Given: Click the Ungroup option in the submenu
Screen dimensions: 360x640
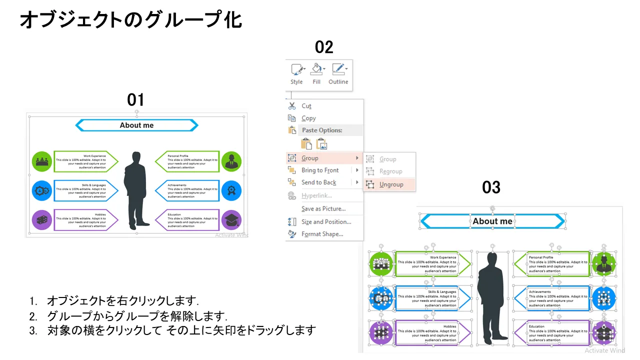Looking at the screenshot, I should point(391,184).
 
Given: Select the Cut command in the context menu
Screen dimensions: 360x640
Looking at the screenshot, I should point(306,106).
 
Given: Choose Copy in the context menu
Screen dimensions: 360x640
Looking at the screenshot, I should point(308,118).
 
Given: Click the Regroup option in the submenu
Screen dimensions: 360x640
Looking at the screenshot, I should point(390,171).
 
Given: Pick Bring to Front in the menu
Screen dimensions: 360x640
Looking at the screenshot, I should point(320,170).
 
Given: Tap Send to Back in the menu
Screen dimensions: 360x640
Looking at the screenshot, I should point(318,182).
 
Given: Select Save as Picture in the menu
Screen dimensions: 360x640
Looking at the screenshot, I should point(323,209).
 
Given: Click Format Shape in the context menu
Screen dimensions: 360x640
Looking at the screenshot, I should point(322,234).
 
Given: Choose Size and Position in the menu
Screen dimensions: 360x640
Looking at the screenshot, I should point(326,222).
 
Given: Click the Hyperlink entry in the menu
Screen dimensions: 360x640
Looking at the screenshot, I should point(316,195).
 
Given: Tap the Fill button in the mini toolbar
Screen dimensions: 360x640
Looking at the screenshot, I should point(316,73).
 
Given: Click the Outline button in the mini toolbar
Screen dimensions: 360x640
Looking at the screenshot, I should point(338,73).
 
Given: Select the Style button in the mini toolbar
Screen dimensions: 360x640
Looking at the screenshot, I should point(296,73).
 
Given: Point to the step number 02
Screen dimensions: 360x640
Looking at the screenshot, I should point(324,47).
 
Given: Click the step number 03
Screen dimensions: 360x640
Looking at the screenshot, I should point(491,187).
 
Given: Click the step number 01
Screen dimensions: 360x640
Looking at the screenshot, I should point(135,100).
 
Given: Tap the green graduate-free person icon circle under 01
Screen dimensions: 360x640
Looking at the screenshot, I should point(231,161).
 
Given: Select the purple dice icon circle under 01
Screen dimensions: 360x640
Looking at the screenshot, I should point(42,219).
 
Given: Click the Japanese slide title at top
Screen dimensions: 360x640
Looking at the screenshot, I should point(130,20).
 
